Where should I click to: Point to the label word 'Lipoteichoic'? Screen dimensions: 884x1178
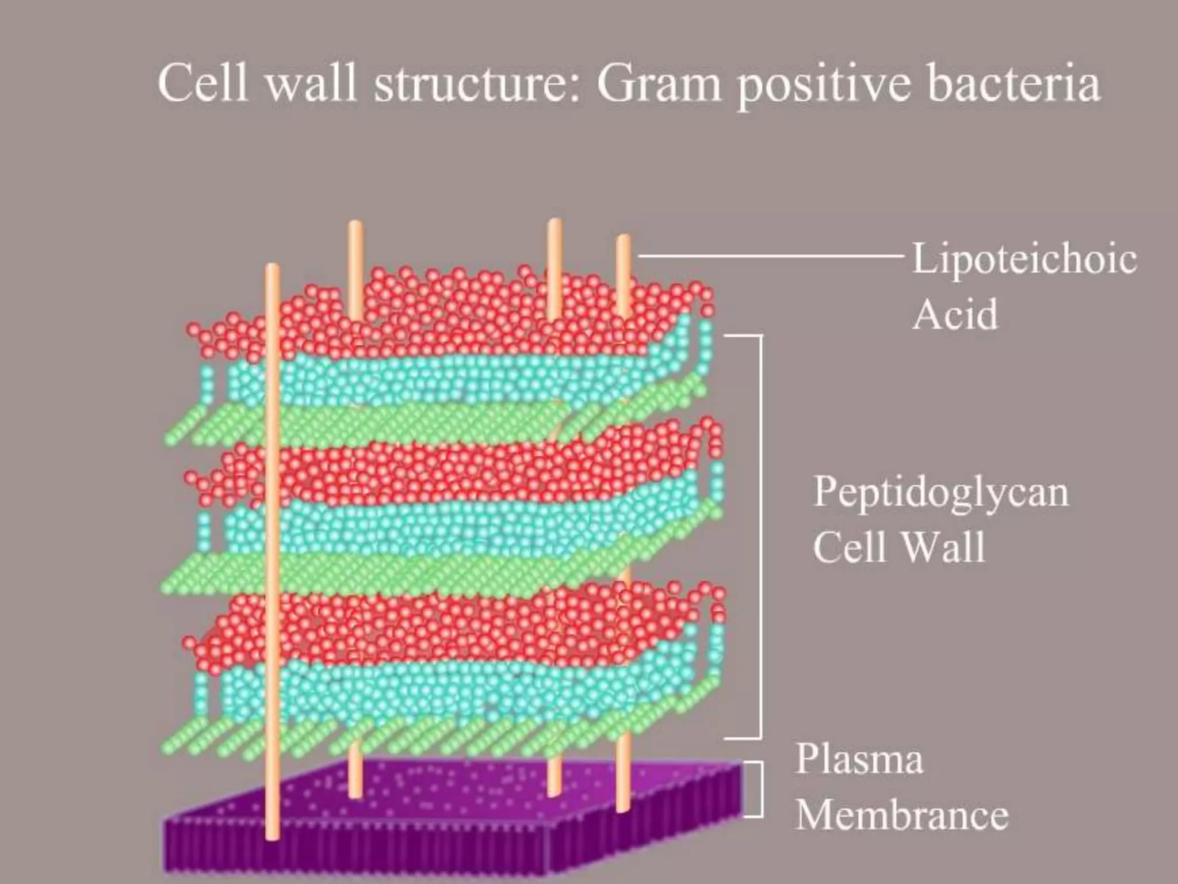pyautogui.click(x=1024, y=260)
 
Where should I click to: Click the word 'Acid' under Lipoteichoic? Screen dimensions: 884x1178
pyautogui.click(x=955, y=314)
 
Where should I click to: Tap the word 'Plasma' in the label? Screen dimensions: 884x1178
pyautogui.click(x=859, y=759)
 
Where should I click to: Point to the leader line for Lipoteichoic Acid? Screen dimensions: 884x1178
pyautogui.click(x=771, y=255)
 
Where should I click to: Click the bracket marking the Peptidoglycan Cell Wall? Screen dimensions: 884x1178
pyautogui.click(x=760, y=535)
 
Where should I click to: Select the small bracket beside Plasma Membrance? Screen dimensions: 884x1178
pyautogui.click(x=760, y=789)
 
